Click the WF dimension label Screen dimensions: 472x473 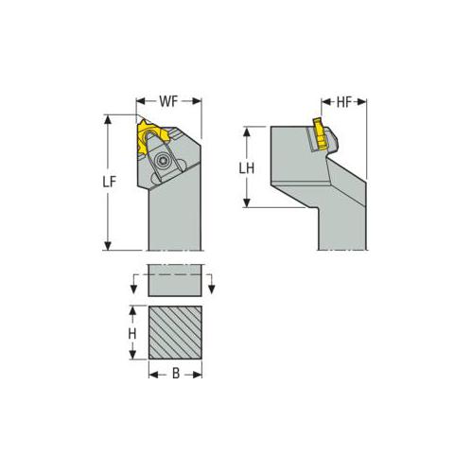point(168,101)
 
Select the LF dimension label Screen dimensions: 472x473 point(110,183)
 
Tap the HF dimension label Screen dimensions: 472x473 point(343,102)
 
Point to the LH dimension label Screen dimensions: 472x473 point(246,168)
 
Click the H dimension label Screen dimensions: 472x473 point(132,334)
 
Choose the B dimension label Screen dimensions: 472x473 point(176,374)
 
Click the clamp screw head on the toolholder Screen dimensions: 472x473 point(164,159)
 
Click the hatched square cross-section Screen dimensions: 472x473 point(175,332)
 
